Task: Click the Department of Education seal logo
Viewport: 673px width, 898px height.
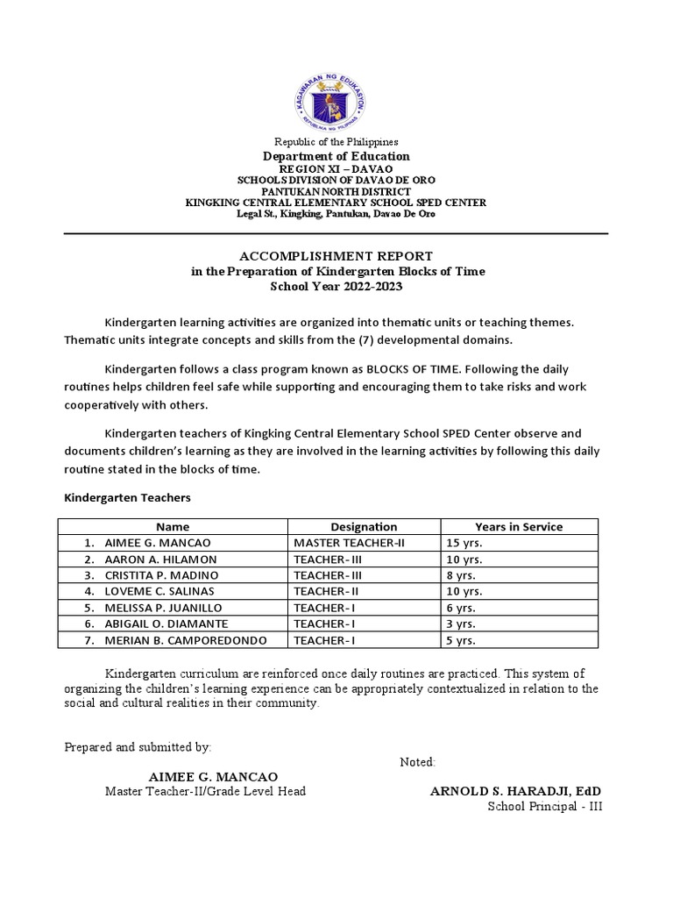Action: [x=336, y=99]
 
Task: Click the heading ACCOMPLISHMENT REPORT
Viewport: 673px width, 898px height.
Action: [x=336, y=256]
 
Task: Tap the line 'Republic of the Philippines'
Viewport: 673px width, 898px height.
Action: [x=336, y=141]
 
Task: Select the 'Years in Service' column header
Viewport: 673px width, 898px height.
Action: [x=519, y=527]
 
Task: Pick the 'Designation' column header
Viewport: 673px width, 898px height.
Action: [x=364, y=527]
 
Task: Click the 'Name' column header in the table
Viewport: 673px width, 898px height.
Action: [x=173, y=527]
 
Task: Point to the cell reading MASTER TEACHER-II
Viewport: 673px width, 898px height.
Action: [x=344, y=543]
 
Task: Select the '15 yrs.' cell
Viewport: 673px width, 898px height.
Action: [x=464, y=543]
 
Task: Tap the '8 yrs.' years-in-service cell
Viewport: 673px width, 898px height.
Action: [x=461, y=575]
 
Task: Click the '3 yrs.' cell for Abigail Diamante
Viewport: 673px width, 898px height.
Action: [x=461, y=624]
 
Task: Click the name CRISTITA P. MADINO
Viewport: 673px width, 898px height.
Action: [x=161, y=575]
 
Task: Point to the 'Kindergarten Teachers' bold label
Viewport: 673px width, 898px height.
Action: [x=128, y=497]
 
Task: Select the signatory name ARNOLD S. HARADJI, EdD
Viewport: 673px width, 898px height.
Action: [x=515, y=791]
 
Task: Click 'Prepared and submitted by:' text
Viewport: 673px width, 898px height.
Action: [x=138, y=747]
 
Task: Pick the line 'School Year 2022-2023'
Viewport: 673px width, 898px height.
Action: [x=337, y=287]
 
